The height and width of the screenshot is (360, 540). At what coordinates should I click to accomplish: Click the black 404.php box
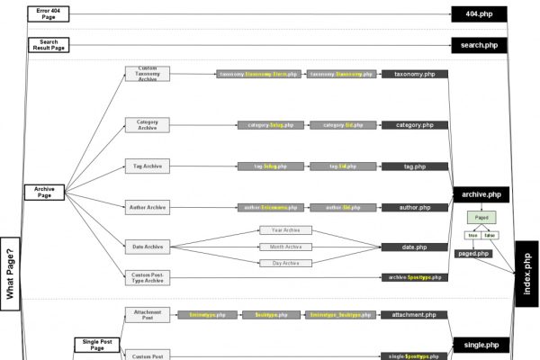[480, 13]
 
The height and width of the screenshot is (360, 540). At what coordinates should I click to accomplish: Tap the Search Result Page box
[49, 44]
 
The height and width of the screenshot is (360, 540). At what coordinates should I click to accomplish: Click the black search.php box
[480, 44]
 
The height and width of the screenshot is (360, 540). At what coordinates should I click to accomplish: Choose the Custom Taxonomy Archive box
[147, 74]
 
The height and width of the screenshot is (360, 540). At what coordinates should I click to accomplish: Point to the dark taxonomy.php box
[414, 74]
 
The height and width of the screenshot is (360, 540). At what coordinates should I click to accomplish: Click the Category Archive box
[147, 125]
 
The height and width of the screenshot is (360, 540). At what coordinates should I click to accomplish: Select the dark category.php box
[414, 125]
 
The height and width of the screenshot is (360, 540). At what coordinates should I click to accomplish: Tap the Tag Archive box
[147, 166]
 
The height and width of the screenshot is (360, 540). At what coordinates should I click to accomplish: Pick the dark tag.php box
[414, 166]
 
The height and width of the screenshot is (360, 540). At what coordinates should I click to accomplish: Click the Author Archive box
[147, 207]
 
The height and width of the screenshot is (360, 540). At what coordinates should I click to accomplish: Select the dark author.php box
[414, 207]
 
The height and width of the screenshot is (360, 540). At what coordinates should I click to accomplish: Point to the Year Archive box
[285, 229]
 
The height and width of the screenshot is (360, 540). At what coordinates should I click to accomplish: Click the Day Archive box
[285, 263]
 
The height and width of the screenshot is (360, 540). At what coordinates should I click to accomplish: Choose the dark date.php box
[414, 247]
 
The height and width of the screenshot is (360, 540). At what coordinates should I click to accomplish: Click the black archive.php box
[480, 193]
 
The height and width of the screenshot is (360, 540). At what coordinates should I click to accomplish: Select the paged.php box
[473, 254]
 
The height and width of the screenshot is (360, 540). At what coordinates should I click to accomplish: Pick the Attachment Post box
[147, 314]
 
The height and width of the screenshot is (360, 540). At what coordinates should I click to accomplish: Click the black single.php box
[480, 345]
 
